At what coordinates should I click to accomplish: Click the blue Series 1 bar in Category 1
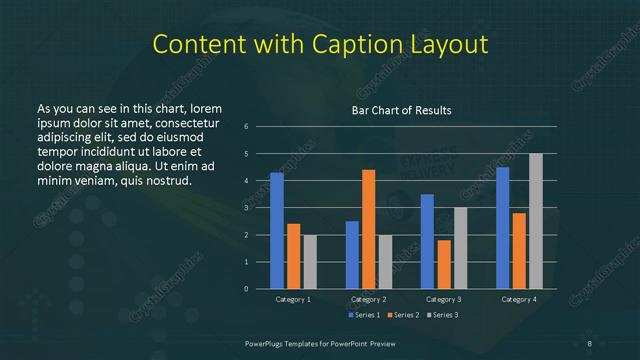point(277,231)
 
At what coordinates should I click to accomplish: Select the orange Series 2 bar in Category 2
point(368,229)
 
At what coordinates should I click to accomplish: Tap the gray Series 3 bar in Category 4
point(535,221)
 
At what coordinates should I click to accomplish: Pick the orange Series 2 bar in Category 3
point(443,264)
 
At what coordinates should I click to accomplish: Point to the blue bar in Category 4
point(502,228)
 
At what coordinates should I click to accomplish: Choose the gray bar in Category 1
point(309,262)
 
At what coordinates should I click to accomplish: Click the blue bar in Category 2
point(352,255)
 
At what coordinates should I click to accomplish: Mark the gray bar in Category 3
point(460,248)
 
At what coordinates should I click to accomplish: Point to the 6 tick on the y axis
point(246,127)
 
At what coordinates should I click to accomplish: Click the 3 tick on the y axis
point(246,208)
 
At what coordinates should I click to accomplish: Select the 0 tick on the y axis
point(246,289)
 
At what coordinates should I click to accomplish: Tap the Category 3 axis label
point(443,299)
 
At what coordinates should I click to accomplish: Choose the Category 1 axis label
point(293,299)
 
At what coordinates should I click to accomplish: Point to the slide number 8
point(590,343)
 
